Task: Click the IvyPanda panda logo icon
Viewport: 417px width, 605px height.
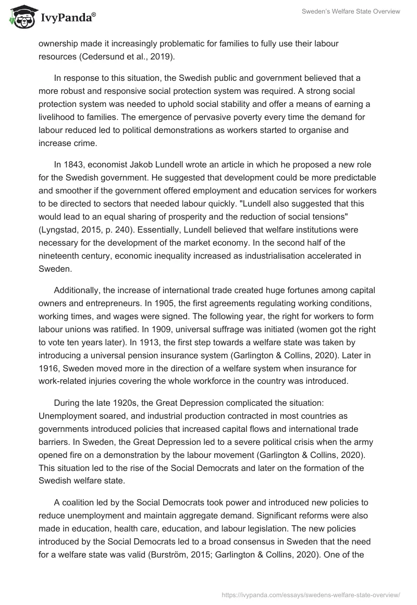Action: click(20, 17)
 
